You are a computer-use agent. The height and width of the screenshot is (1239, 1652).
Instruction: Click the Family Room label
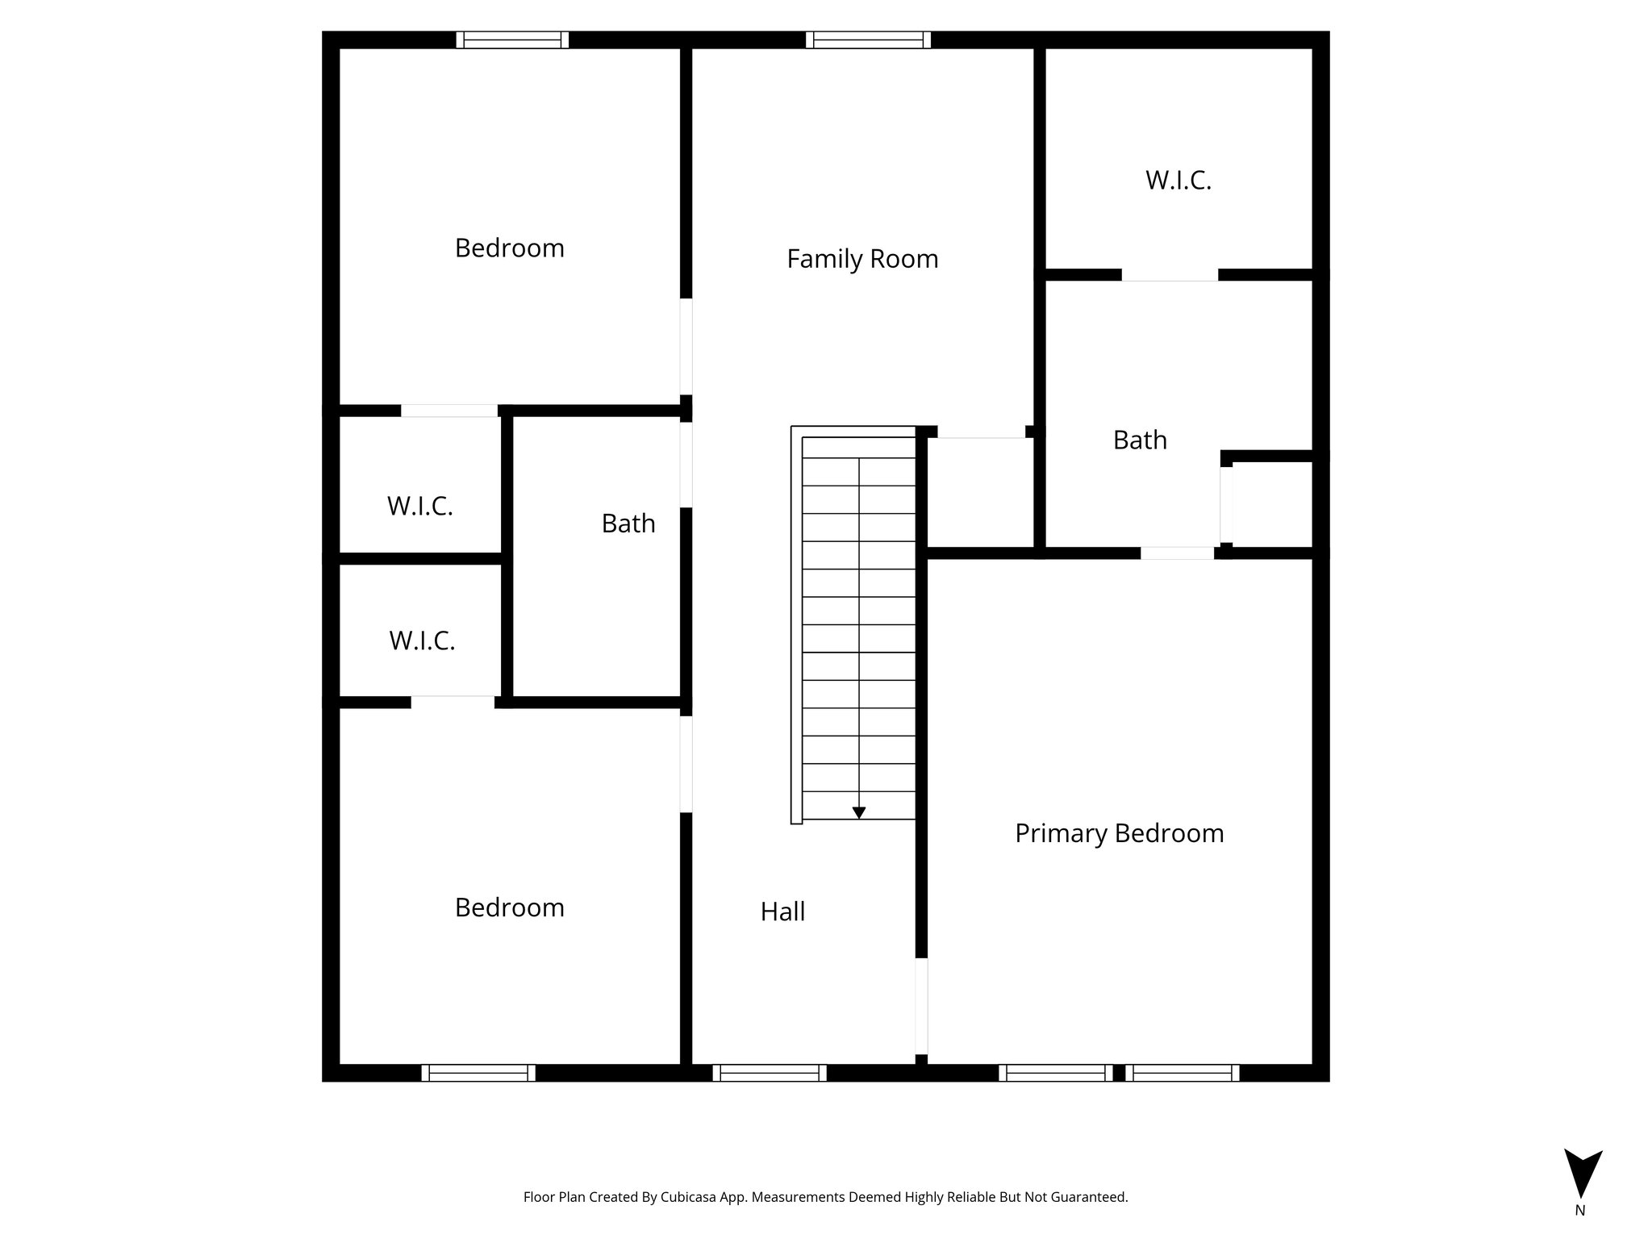click(862, 259)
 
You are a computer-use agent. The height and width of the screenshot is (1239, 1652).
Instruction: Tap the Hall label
click(782, 912)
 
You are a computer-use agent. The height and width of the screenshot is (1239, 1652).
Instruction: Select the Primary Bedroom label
click(1119, 833)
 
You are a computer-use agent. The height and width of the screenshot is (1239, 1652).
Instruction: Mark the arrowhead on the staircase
click(859, 812)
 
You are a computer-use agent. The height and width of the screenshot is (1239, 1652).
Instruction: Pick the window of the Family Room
click(868, 40)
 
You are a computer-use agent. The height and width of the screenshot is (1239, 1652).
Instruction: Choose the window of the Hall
click(769, 1073)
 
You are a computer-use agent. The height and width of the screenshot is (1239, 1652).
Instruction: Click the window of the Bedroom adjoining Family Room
click(512, 40)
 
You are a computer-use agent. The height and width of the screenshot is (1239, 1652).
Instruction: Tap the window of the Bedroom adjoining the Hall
click(478, 1073)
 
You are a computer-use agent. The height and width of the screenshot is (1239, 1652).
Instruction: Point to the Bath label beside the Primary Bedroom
click(1140, 440)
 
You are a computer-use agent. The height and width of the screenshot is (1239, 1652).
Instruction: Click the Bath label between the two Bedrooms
click(628, 524)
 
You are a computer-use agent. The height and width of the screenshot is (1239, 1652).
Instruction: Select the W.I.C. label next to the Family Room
click(1179, 181)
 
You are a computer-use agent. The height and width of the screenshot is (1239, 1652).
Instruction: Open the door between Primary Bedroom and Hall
click(921, 1006)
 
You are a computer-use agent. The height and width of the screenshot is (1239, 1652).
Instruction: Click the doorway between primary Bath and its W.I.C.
click(1170, 275)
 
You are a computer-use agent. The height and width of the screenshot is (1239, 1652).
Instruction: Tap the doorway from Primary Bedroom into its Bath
click(1177, 553)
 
